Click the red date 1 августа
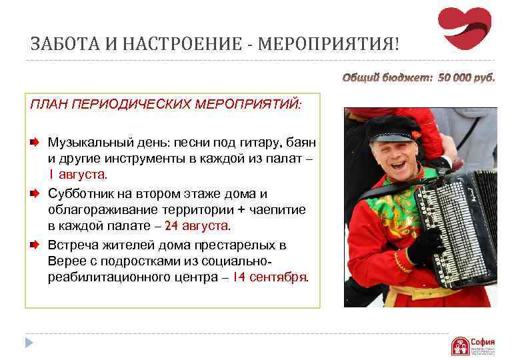click(77, 174)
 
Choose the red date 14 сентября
click(270, 277)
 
